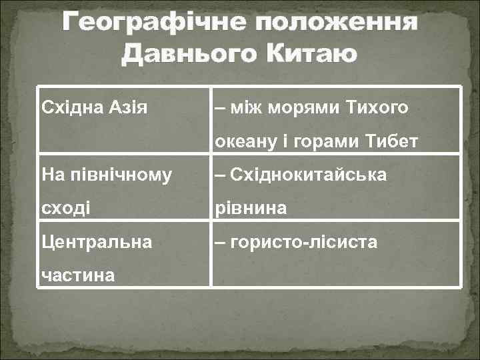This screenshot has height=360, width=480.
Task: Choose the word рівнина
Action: click(251, 209)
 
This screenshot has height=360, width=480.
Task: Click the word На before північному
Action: click(51, 175)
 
